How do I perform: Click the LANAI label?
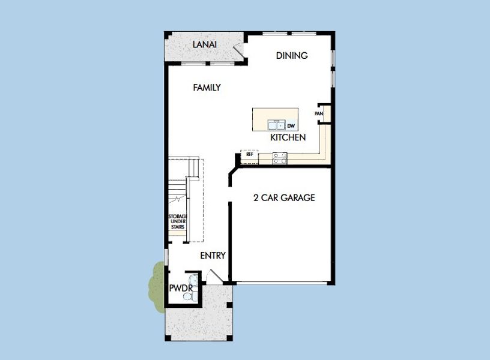pos(204,45)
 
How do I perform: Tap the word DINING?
pos(292,56)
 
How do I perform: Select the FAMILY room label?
pos(207,88)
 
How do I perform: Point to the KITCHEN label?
pos(288,137)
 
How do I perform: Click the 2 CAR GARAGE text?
pos(284,197)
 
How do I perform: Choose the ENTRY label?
pos(213,256)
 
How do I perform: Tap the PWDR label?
pos(180,289)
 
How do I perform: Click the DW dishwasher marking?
pos(291,126)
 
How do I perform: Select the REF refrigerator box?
pos(249,155)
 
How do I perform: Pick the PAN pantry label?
pos(319,113)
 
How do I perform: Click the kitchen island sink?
pos(277,125)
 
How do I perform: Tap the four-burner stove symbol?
pos(280,158)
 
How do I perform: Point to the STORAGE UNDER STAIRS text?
pos(178,223)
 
